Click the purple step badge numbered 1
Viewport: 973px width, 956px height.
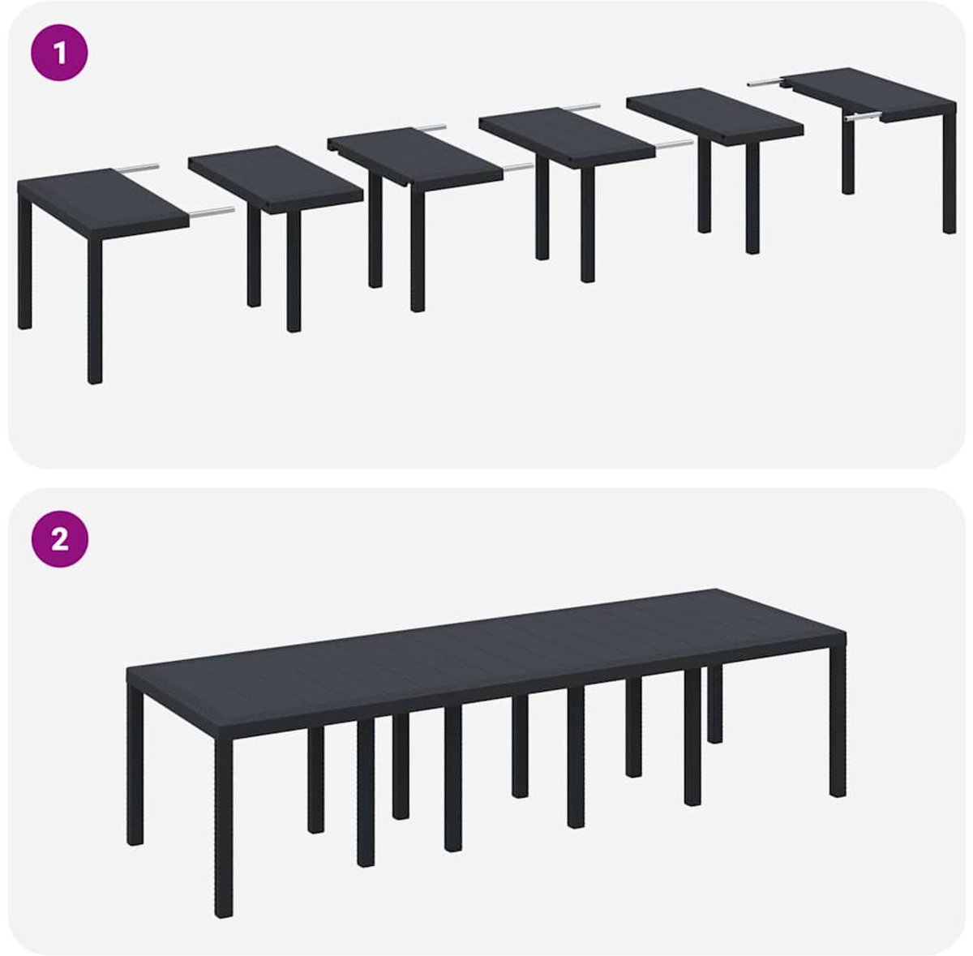point(59,53)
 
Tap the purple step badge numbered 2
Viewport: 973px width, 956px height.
point(59,540)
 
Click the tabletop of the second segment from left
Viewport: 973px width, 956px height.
point(276,178)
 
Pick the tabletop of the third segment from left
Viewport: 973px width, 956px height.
point(415,155)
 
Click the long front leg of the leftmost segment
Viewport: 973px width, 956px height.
point(94,311)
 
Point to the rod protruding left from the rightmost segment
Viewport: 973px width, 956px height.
point(765,83)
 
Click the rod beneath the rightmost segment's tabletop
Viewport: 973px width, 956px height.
point(864,118)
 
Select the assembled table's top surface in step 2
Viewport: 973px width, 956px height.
point(486,657)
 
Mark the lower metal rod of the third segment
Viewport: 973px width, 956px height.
point(519,168)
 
